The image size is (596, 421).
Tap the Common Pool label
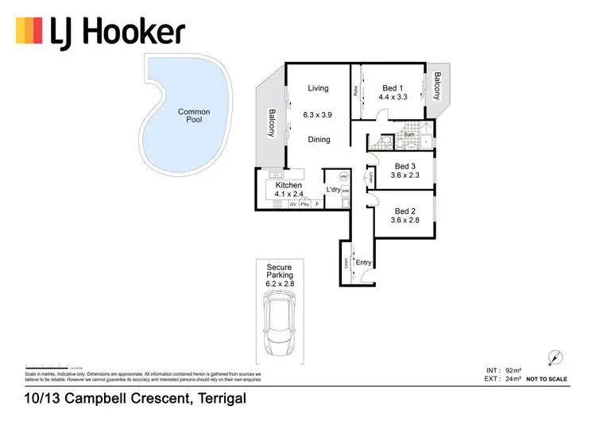tap(194, 116)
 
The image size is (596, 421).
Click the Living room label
tap(318, 88)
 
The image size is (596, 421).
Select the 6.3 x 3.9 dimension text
tap(318, 114)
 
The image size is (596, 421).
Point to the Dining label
tap(318, 140)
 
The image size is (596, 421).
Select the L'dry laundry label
tap(334, 190)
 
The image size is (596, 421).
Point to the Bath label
tap(409, 134)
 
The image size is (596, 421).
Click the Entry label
tap(364, 262)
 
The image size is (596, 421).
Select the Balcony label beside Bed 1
tap(436, 86)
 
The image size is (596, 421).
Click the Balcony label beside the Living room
tap(271, 123)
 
